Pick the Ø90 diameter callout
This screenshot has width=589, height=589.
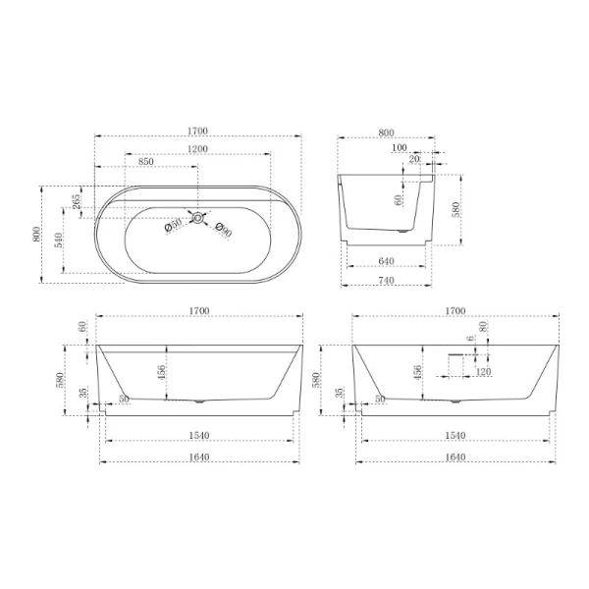[223, 231]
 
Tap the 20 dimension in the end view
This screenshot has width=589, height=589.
[414, 158]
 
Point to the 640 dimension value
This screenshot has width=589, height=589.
[386, 261]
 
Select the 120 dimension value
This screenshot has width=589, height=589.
[482, 372]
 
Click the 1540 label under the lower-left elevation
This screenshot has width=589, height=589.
[198, 435]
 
